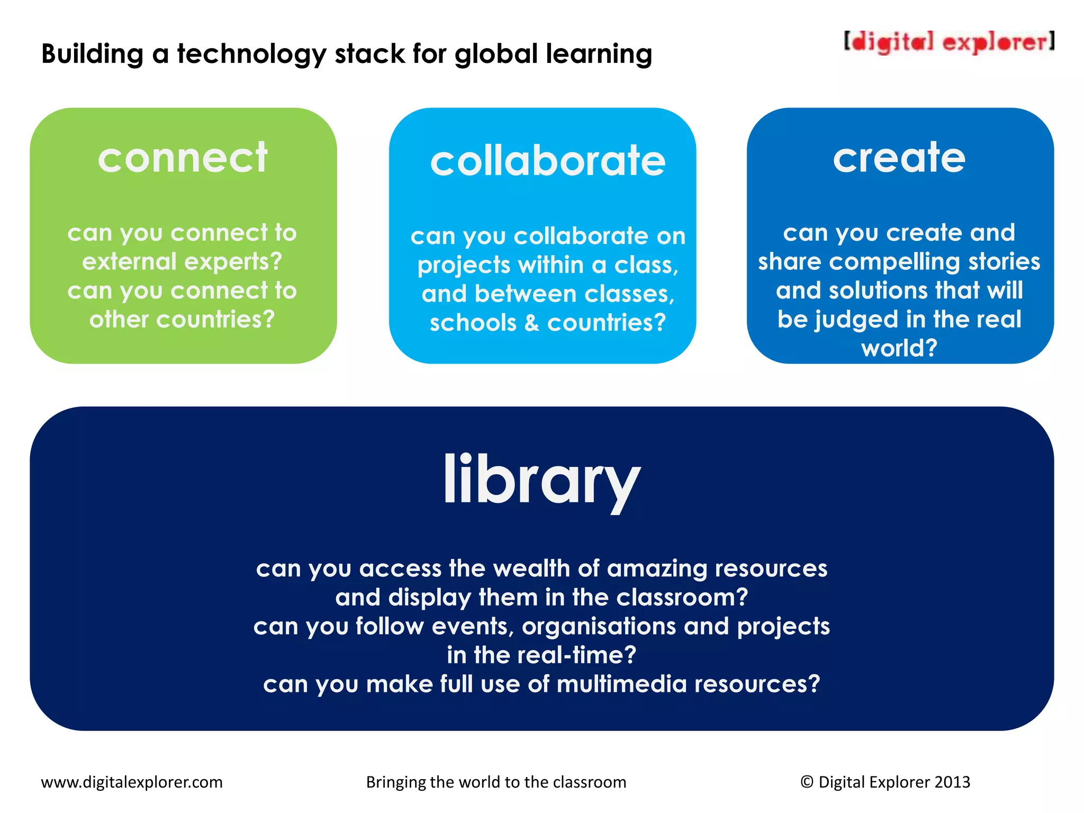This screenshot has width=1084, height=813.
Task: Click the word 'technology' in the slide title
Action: coord(251,55)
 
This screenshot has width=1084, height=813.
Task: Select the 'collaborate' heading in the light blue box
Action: coord(548,161)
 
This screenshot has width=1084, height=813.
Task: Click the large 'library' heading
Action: coord(541,480)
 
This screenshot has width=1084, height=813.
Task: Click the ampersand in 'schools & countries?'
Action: coord(531,323)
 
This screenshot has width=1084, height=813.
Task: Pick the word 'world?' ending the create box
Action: coord(899,348)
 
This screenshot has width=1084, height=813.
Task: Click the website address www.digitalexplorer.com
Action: coord(132,782)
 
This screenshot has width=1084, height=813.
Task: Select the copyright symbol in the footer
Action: coord(807,782)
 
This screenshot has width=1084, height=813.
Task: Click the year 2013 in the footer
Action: coord(952,782)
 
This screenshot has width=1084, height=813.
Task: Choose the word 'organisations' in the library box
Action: coord(599,627)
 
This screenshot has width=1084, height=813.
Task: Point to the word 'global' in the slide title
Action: coord(496,55)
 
